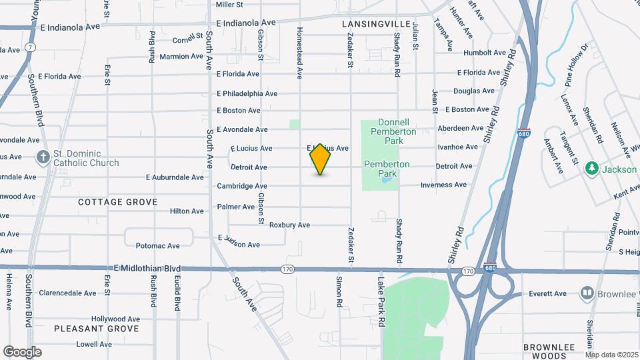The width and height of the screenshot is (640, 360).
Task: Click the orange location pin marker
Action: tap(320, 159)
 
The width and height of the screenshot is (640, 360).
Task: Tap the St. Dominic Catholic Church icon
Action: tap(43, 157)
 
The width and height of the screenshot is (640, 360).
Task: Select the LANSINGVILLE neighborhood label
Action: tap(376, 23)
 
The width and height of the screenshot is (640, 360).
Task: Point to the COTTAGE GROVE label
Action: tap(117, 201)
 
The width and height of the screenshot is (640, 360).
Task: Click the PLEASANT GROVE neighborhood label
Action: tap(97, 329)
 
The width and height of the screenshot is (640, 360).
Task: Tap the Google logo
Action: tap(22, 351)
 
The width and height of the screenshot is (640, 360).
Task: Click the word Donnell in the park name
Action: tap(397, 123)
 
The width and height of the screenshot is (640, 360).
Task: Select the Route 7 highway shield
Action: tap(31, 47)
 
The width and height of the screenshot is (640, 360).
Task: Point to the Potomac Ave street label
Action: tap(157, 246)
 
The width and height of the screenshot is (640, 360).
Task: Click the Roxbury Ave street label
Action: tap(289, 225)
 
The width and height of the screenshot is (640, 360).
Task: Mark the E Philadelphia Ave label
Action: tap(247, 93)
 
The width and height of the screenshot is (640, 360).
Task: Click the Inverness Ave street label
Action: tap(443, 185)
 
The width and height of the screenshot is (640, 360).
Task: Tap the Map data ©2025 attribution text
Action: tap(612, 355)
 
